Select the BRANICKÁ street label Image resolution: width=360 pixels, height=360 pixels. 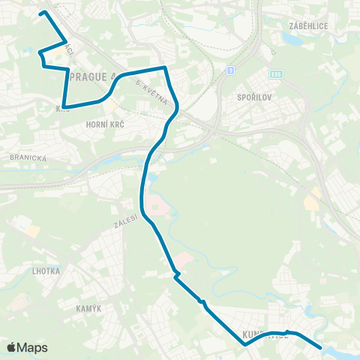click(x=28, y=158)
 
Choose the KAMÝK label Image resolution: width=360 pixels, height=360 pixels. click(x=88, y=308)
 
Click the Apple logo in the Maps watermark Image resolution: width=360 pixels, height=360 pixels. click(x=12, y=347)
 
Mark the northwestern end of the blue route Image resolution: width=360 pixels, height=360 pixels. click(x=42, y=13)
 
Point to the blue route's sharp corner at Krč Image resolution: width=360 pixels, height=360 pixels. click(x=64, y=106)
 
